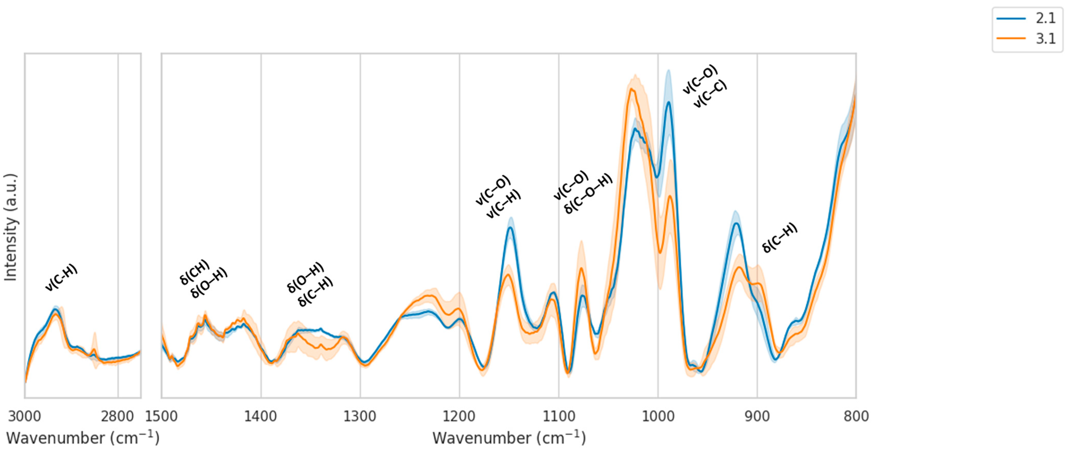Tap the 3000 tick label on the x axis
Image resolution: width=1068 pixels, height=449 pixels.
(25, 416)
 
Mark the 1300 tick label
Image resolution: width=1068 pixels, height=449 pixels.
(360, 416)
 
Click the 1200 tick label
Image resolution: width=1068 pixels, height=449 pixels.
(459, 416)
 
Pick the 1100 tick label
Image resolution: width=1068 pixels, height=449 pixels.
(559, 416)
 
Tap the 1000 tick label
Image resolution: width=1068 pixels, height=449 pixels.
(658, 416)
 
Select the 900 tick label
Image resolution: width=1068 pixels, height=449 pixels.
(757, 416)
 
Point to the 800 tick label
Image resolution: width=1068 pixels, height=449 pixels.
(856, 416)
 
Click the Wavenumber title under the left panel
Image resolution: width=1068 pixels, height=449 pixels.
(83, 438)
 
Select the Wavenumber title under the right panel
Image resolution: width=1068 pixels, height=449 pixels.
(509, 438)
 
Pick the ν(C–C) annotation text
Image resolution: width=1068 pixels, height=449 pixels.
(710, 94)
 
